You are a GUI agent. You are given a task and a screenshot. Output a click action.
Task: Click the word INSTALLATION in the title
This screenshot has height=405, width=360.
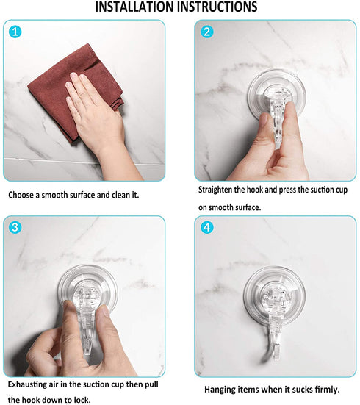pos(140,7)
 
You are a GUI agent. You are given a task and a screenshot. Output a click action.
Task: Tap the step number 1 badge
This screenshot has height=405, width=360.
pos(17,33)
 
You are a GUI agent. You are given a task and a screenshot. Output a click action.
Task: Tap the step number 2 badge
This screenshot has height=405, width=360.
pos(207,32)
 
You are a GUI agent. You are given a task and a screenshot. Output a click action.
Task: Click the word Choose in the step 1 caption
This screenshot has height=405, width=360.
pos(23,196)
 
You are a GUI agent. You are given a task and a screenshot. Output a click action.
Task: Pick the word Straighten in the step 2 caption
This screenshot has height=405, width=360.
pos(219,190)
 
